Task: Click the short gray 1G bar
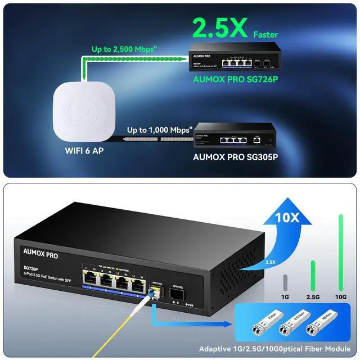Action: [x=285, y=281]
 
